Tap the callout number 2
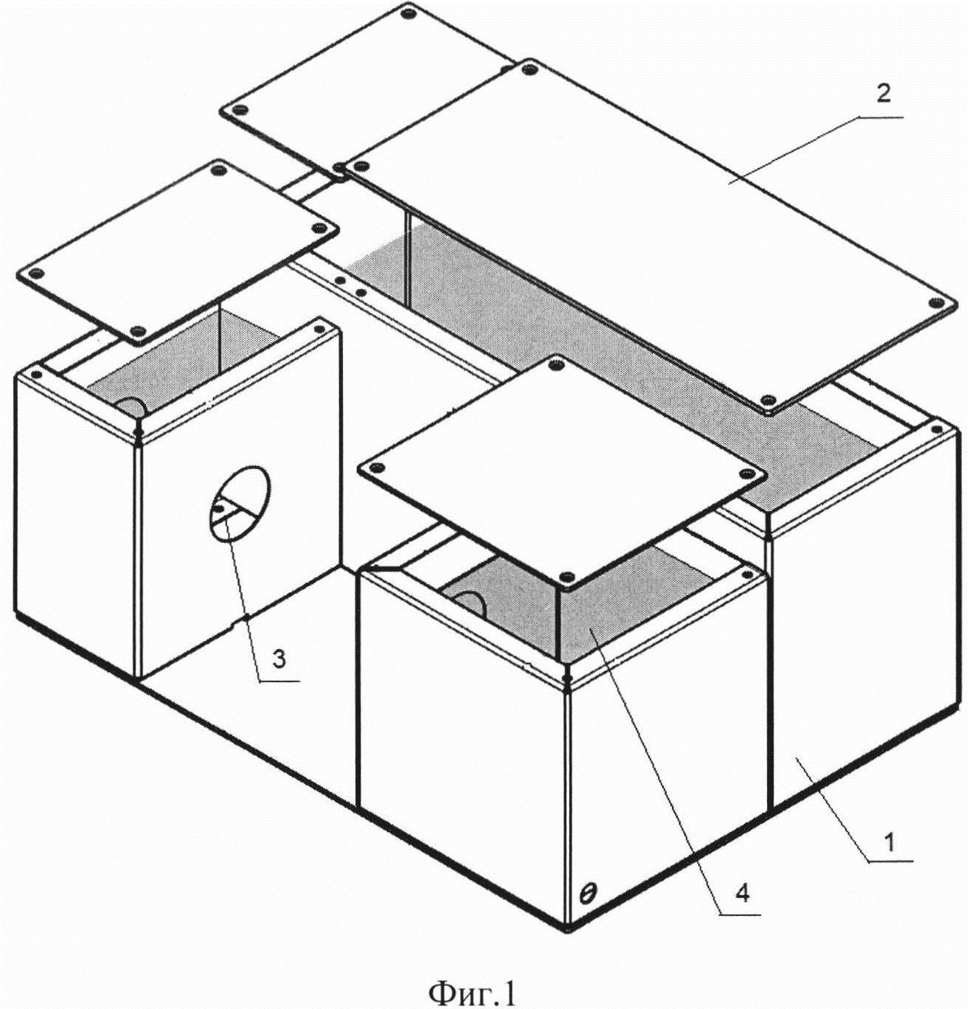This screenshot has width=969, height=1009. [883, 94]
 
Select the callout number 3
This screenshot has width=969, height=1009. [279, 660]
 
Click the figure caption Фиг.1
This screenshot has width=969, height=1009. [472, 979]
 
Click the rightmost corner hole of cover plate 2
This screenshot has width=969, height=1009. [937, 303]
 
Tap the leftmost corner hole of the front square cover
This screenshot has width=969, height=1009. [377, 468]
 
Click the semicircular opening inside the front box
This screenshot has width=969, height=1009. [468, 603]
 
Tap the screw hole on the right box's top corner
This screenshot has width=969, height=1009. [937, 430]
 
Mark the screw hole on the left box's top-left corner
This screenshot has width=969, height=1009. [36, 373]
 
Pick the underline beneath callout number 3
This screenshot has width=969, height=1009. [279, 680]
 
